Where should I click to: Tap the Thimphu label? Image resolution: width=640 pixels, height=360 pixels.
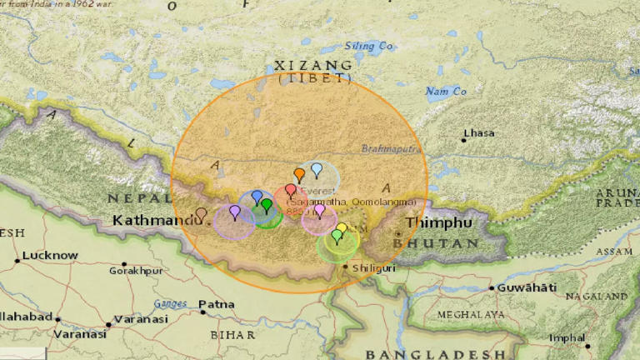[439, 223]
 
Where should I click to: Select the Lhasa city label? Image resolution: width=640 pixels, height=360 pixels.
[479, 133]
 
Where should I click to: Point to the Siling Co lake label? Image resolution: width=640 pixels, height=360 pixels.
[368, 46]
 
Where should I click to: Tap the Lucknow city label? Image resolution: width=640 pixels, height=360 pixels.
[51, 256]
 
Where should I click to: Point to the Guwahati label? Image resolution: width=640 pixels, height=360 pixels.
[527, 287]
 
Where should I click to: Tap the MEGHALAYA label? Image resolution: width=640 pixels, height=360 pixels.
[470, 315]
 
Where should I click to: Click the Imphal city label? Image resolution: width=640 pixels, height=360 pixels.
[567, 337]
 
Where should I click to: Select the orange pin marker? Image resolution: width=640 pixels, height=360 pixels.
[299, 175]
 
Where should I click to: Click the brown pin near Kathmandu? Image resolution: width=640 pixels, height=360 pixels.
[201, 214]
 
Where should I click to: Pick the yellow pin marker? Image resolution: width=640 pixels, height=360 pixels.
[342, 229]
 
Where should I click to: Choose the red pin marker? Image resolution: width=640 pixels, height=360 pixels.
[290, 191]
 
